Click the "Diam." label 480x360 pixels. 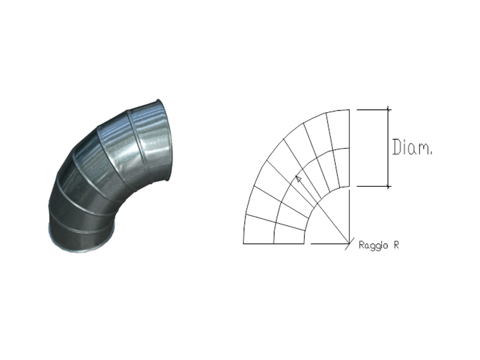click(x=412, y=147)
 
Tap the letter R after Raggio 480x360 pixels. click(x=396, y=245)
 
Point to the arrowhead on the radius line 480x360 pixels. click(x=298, y=179)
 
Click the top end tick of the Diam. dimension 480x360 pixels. click(x=388, y=110)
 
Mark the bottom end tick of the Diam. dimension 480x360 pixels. click(x=388, y=186)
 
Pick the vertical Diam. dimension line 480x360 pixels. click(x=388, y=148)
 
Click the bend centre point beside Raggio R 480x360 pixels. click(x=349, y=244)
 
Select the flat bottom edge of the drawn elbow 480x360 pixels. click(x=274, y=244)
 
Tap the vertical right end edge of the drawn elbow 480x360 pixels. click(x=349, y=148)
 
